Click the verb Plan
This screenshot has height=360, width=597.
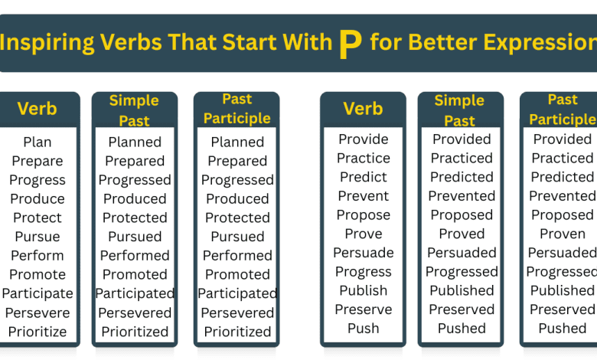tap(38, 142)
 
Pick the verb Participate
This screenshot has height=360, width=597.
tap(38, 293)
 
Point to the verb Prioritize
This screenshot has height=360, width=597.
tap(38, 332)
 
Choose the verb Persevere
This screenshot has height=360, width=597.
tap(38, 313)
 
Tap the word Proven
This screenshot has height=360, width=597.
tap(562, 234)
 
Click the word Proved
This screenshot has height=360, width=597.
tap(462, 234)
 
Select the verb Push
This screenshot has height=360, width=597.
tap(364, 329)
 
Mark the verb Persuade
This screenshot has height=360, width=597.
tap(364, 253)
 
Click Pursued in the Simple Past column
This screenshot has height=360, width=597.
tap(135, 237)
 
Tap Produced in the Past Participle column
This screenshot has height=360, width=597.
tap(237, 199)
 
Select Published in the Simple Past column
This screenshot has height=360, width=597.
tap(462, 290)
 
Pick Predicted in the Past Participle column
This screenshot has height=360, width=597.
tap(562, 177)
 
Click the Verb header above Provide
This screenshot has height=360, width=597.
tap(363, 109)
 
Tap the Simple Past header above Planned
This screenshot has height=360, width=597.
tap(134, 110)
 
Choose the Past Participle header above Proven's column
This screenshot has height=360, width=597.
tap(562, 110)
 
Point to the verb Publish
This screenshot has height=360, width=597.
tap(364, 290)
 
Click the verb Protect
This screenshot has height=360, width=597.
tap(38, 218)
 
